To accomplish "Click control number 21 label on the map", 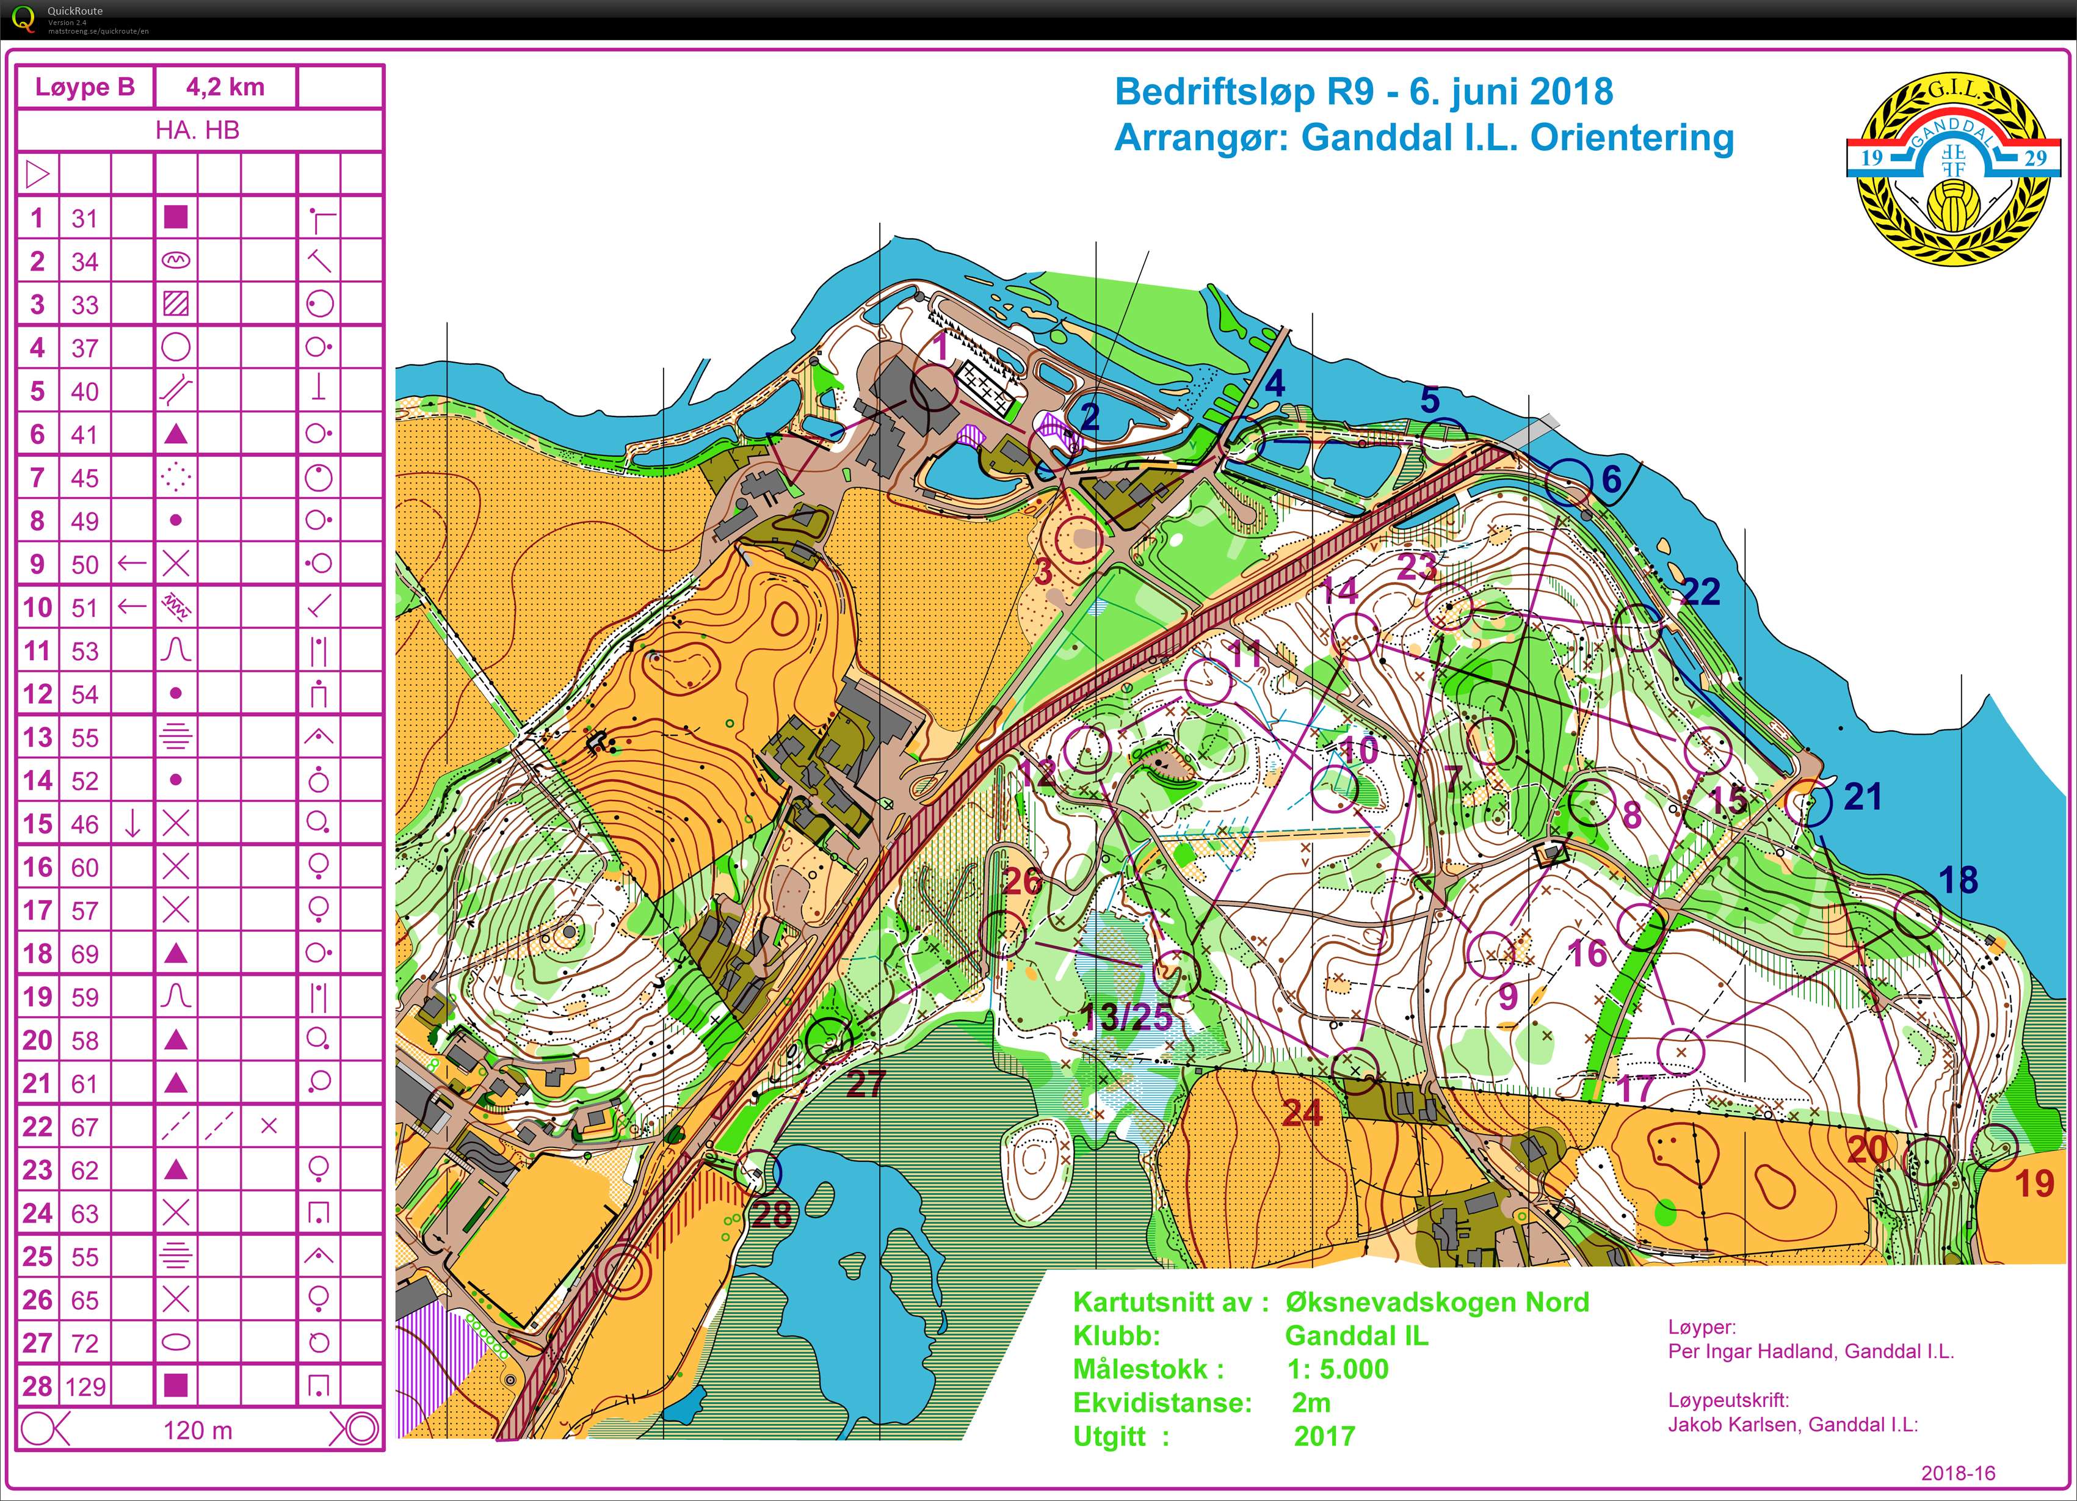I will click(x=1863, y=797).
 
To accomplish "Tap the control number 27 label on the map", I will click(x=866, y=1083).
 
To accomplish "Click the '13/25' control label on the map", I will click(x=1126, y=1017).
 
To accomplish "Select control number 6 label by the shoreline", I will click(x=1611, y=478).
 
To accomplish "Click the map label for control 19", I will click(x=2034, y=1184).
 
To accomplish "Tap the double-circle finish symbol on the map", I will click(x=624, y=1272).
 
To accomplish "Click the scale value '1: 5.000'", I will click(x=1337, y=1369).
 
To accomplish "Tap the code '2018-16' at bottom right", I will click(x=1957, y=1474).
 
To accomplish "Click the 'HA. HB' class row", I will click(x=198, y=130).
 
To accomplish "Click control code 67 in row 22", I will click(x=85, y=1127).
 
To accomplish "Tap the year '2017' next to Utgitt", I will click(x=1324, y=1436).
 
